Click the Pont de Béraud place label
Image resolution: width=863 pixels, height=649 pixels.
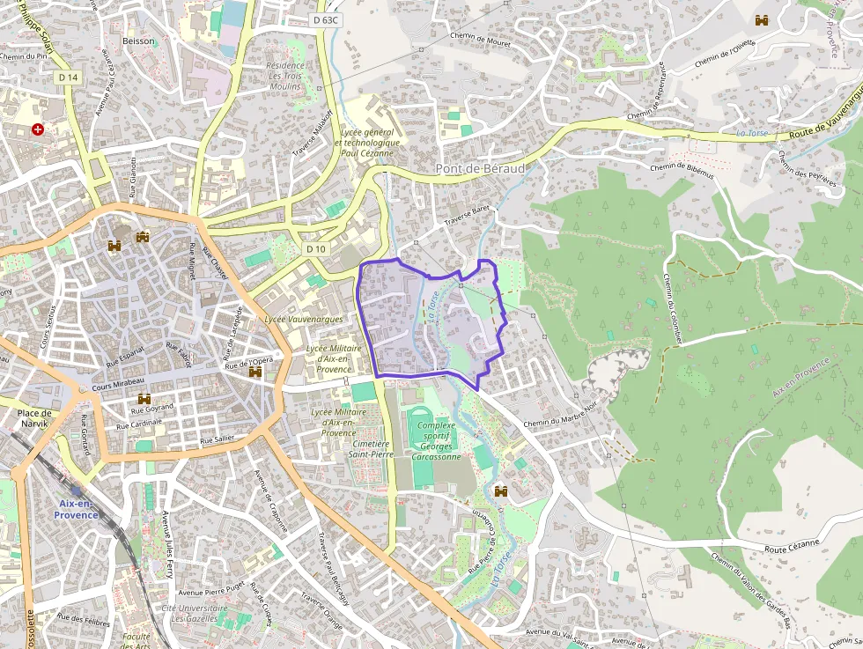coord(480,168)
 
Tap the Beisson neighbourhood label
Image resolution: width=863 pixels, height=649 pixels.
coord(139,41)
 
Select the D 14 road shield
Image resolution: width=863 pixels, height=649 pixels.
coord(69,77)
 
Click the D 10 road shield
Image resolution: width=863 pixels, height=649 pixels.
coord(317,249)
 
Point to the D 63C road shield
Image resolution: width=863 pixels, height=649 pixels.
coord(326,19)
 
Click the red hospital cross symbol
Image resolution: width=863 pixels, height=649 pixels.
coord(37,129)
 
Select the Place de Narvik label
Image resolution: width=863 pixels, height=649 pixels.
coord(36,417)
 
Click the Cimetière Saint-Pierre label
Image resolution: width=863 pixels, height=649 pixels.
coord(369,450)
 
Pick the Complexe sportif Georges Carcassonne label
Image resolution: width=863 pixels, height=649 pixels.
coord(436,441)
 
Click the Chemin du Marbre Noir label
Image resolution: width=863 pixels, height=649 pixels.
coord(560,423)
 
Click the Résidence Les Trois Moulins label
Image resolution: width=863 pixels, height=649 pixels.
coord(285,76)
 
